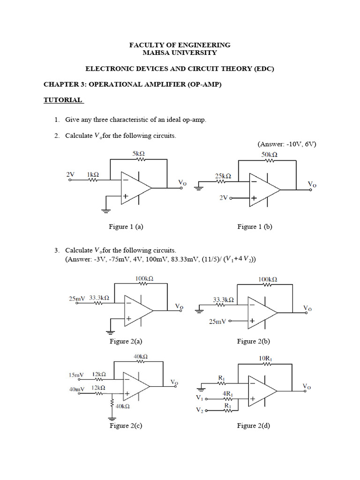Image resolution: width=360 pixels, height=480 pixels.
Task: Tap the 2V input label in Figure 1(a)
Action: point(70,174)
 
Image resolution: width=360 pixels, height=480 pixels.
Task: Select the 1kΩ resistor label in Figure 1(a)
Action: point(92,174)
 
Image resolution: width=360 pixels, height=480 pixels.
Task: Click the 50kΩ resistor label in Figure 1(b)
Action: point(269,154)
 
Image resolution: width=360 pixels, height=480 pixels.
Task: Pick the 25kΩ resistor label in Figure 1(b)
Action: point(223,176)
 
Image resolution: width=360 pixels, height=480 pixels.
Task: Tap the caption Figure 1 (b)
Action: point(255,226)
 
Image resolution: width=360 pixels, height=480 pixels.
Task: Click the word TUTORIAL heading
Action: point(63,100)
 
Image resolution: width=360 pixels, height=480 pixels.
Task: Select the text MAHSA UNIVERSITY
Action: point(180,52)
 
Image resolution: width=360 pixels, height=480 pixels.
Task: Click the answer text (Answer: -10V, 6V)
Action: point(286,144)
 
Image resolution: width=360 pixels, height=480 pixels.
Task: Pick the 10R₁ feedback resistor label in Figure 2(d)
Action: point(266,359)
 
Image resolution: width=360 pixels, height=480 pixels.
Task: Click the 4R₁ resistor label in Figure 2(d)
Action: point(229,394)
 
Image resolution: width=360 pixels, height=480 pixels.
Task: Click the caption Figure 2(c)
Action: point(126,426)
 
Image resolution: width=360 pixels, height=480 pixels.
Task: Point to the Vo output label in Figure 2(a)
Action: point(179,307)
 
